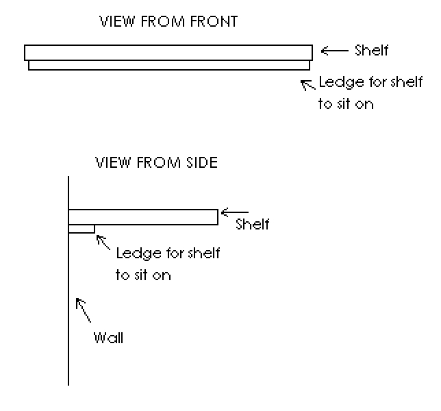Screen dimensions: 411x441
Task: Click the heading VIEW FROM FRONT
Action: point(168,22)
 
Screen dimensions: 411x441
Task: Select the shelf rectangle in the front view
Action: point(168,53)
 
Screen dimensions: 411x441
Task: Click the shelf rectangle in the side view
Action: point(143,216)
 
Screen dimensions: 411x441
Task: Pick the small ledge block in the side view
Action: point(81,229)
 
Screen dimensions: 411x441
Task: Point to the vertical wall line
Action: point(68,308)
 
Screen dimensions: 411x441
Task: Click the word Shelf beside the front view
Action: point(371,50)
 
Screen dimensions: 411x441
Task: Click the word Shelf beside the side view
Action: point(252,224)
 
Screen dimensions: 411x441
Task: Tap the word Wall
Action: point(109,338)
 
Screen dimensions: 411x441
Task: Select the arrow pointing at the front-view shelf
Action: point(335,50)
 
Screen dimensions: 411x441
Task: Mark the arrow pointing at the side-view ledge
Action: point(103,242)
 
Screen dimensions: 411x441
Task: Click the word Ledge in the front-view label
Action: point(337,85)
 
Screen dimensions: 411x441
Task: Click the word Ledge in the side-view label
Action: point(135,254)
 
